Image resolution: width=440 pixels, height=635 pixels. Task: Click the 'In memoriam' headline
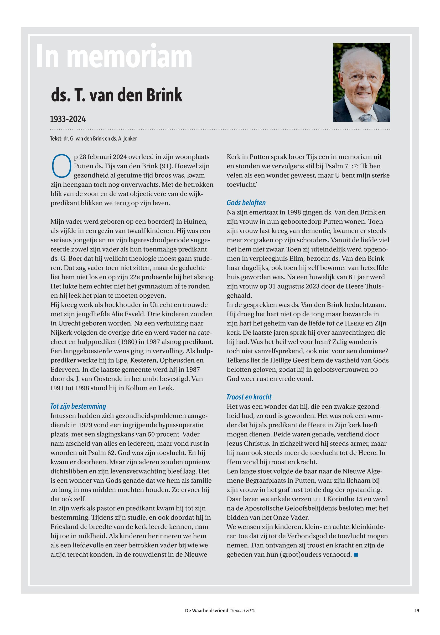click(x=114, y=57)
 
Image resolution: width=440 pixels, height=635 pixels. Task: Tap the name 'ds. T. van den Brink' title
click(x=116, y=95)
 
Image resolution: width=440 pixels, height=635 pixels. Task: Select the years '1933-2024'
click(x=68, y=119)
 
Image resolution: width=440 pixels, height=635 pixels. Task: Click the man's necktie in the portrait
click(x=366, y=117)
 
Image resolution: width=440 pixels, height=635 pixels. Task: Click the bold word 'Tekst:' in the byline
click(x=56, y=138)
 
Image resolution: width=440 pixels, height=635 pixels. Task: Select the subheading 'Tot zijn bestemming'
click(x=78, y=406)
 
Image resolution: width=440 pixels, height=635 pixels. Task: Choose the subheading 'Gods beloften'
click(x=246, y=203)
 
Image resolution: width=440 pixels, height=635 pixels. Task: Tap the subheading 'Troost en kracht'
click(x=249, y=397)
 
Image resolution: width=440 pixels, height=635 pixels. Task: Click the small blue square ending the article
click(x=356, y=555)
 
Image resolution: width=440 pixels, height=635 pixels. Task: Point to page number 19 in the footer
click(x=417, y=610)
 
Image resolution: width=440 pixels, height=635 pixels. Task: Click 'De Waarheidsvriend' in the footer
click(x=207, y=610)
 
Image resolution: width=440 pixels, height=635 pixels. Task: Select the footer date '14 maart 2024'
click(x=242, y=610)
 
